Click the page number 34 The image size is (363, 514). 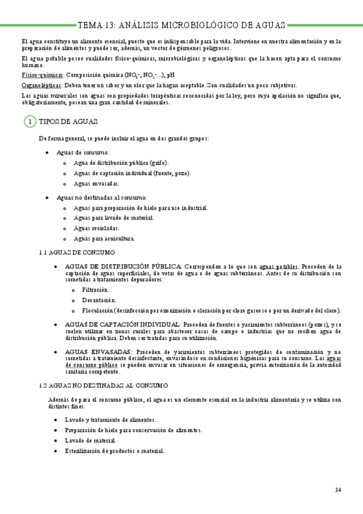click(338, 490)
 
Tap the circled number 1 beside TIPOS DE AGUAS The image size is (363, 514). click(29, 122)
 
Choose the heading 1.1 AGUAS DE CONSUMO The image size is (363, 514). click(76, 252)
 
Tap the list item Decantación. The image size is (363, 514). click(98, 301)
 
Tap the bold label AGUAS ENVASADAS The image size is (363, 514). click(97, 352)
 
